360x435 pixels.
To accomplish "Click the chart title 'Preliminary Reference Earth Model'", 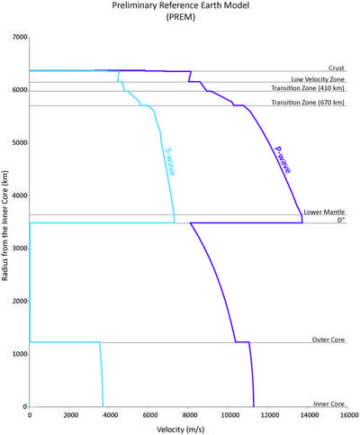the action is (x=181, y=5).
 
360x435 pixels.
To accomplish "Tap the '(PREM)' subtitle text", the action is (x=181, y=17).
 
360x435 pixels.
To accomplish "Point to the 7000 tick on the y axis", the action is (x=20, y=37).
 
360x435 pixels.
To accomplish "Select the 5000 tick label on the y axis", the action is (x=20, y=142).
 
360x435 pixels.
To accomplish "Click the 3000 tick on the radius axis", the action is (x=20, y=249).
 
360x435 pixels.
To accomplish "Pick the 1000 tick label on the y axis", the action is (x=20, y=354).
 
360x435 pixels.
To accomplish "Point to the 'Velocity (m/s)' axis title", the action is (x=181, y=430).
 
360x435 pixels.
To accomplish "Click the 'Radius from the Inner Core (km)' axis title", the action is (x=4, y=226).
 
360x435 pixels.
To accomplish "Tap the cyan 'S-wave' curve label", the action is (x=170, y=162).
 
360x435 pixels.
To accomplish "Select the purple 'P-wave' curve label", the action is (x=283, y=159).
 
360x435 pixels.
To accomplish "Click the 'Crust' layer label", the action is (x=337, y=68).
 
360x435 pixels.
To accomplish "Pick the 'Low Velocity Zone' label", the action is (x=318, y=79).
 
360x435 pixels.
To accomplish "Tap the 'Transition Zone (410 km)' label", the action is (x=308, y=88).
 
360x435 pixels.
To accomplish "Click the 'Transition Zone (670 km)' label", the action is (x=308, y=103).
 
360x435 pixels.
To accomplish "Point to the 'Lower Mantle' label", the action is (x=324, y=212).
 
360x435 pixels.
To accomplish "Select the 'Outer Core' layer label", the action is (x=328, y=340).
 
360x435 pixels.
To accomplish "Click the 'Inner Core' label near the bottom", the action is (x=329, y=403).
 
